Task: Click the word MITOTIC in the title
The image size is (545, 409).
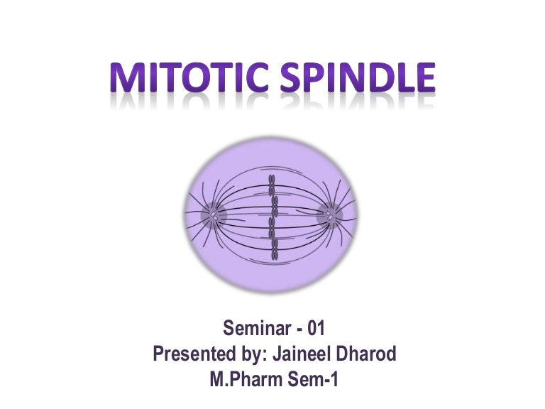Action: (x=189, y=79)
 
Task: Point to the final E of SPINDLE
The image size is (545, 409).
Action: (x=424, y=79)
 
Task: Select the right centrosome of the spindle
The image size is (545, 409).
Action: (x=330, y=212)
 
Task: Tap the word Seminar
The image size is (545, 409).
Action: (x=256, y=328)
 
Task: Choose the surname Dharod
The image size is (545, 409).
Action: (x=363, y=354)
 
